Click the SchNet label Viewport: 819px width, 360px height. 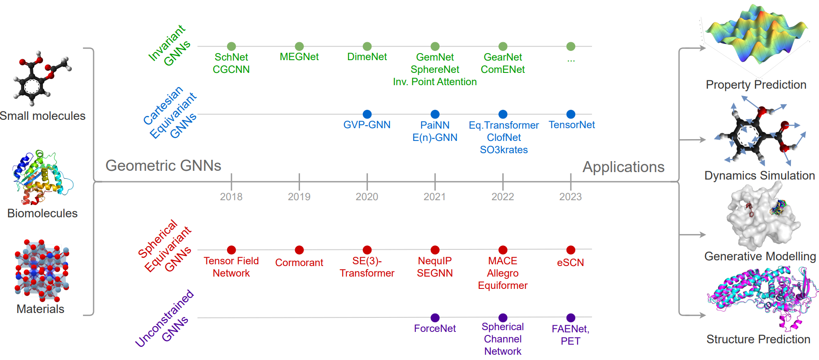[x=231, y=57]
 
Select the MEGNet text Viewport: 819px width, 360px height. [x=299, y=57]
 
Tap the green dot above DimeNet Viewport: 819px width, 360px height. [x=367, y=46]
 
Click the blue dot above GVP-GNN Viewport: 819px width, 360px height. [x=367, y=114]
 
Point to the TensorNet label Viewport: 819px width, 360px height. [x=571, y=125]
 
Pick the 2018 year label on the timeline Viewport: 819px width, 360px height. [x=231, y=197]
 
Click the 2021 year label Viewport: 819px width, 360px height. [x=435, y=197]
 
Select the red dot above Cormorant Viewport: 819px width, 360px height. [x=299, y=250]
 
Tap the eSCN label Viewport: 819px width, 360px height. [x=570, y=263]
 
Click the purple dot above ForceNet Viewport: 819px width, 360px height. [x=435, y=317]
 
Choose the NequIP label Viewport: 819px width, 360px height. [x=435, y=261]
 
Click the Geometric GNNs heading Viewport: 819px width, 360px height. [x=163, y=166]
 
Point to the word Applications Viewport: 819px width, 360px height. [x=624, y=167]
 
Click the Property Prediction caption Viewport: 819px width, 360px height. [x=756, y=85]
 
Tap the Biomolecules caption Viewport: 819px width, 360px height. [x=43, y=213]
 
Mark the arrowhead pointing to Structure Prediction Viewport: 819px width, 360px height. [x=703, y=315]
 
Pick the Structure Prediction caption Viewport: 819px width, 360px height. [x=758, y=339]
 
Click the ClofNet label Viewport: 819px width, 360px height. [x=504, y=137]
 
